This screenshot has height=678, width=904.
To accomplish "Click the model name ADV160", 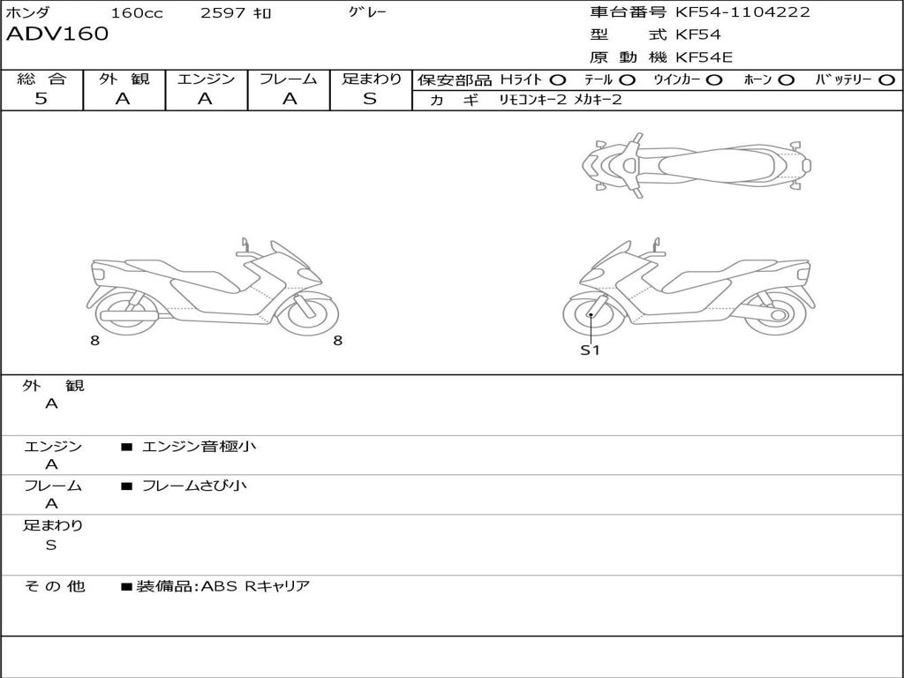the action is [x=57, y=34].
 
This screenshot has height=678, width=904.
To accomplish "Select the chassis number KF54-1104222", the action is [x=742, y=11].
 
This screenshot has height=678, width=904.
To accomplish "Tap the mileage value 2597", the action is [x=224, y=12].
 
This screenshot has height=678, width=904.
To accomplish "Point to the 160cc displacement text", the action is [x=137, y=12].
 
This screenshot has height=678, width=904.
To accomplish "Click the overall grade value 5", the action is [x=41, y=98].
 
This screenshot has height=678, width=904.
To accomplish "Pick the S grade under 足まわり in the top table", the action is [x=370, y=98].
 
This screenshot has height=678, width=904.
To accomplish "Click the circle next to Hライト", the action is [x=558, y=80].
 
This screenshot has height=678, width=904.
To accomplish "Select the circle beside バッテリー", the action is [x=886, y=80].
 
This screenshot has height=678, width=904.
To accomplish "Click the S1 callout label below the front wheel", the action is [x=590, y=350].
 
